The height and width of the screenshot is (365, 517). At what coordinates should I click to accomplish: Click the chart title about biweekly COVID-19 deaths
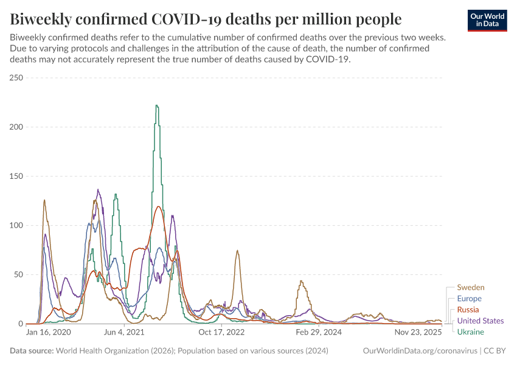point(206,19)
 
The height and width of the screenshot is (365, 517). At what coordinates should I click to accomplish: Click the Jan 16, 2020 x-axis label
point(49,333)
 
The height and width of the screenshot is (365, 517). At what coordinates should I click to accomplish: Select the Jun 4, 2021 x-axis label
point(124,333)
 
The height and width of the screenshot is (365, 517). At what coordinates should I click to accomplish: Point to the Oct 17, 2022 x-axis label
point(221,333)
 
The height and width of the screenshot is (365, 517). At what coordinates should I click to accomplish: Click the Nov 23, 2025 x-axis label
point(417,333)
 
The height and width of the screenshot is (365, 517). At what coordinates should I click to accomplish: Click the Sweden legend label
point(471,287)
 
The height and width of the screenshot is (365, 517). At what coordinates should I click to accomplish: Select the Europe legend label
point(470,299)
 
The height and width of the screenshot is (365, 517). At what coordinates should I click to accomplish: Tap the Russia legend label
point(468,310)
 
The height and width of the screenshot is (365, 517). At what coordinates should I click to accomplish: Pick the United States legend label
point(481,321)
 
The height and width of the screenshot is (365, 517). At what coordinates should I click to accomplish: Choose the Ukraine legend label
point(471,332)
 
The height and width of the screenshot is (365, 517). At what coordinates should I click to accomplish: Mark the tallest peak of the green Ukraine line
point(156,106)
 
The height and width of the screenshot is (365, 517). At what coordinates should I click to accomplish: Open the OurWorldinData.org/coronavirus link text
point(419,351)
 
